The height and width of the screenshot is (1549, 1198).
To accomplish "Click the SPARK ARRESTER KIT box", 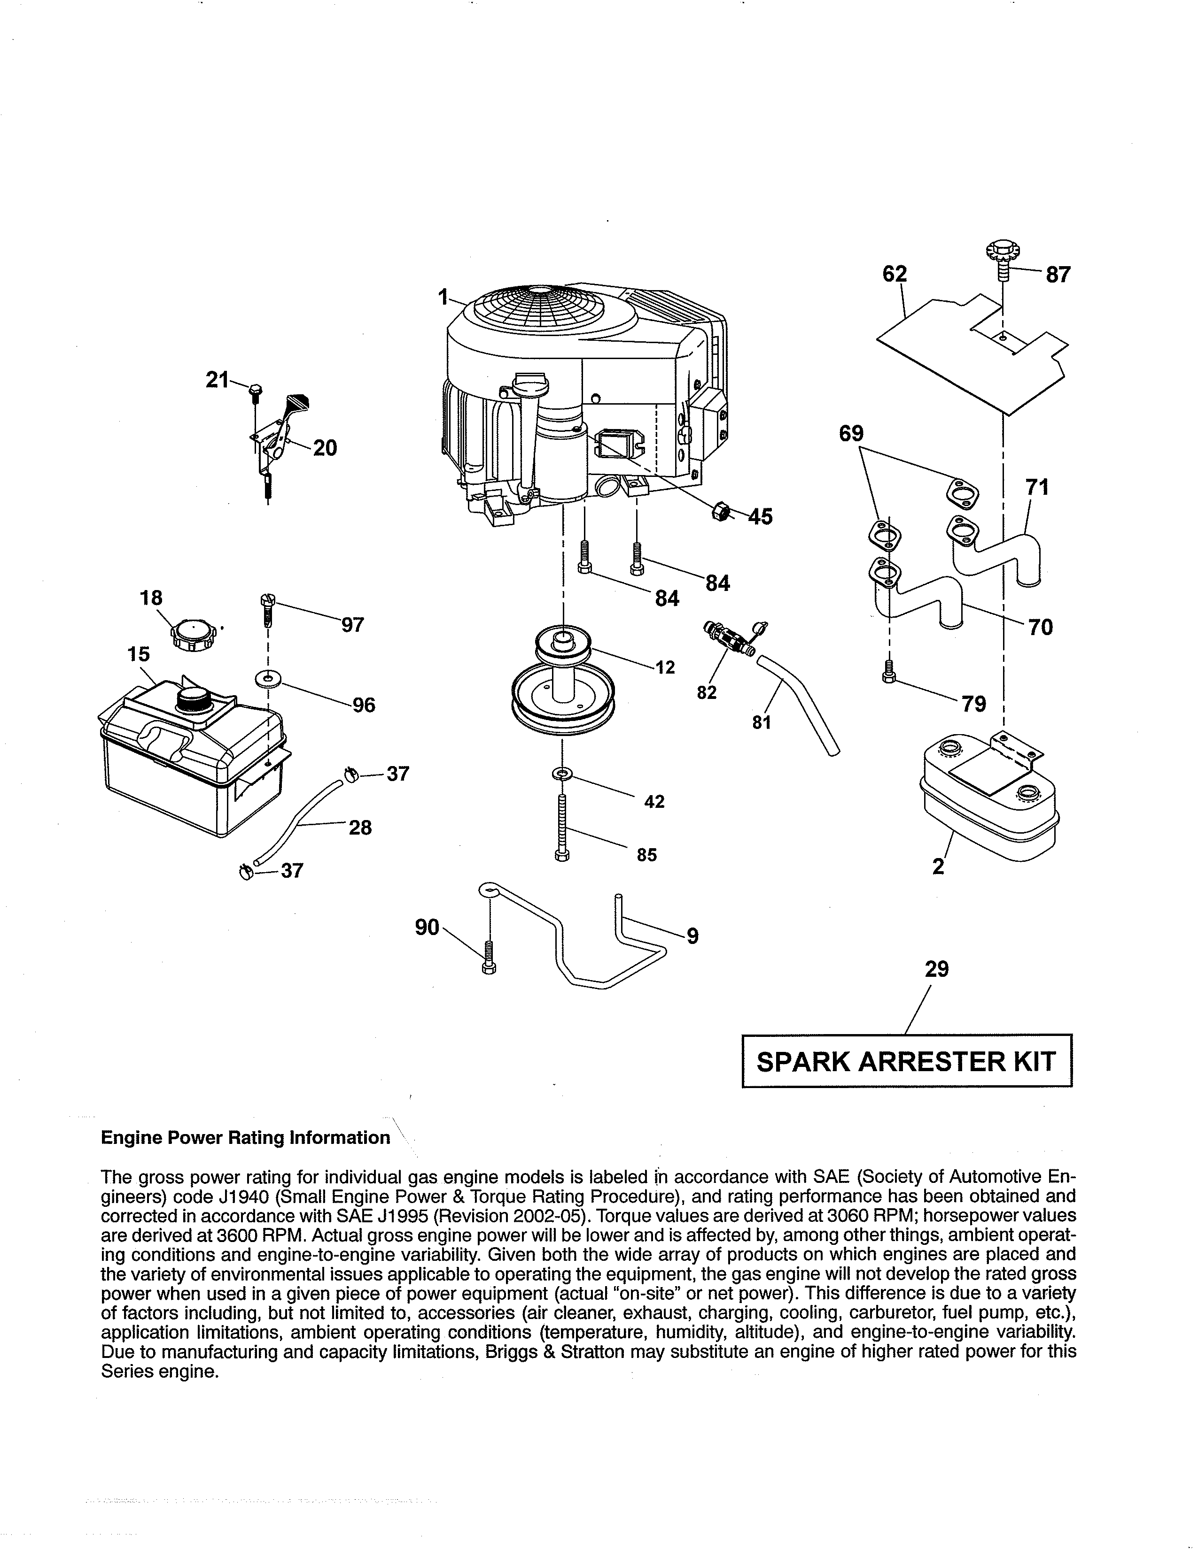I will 906,1061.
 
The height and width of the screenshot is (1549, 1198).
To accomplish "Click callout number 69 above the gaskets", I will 851,433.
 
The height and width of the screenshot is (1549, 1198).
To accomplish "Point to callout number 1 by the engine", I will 443,297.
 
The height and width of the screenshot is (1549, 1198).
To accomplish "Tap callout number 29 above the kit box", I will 936,969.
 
